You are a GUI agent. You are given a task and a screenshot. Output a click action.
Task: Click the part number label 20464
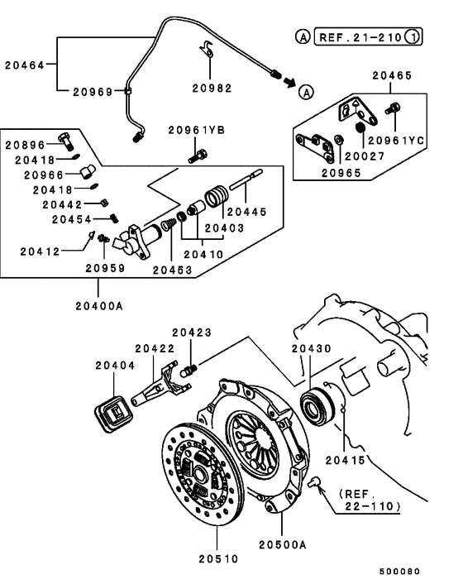(x=25, y=63)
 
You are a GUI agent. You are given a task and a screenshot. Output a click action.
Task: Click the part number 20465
(x=391, y=74)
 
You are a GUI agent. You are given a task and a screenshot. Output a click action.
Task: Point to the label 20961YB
(x=196, y=129)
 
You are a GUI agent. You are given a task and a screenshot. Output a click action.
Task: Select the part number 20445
(x=246, y=211)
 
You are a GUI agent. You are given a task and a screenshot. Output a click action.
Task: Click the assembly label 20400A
(x=98, y=305)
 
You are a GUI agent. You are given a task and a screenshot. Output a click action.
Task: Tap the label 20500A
(x=282, y=543)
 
